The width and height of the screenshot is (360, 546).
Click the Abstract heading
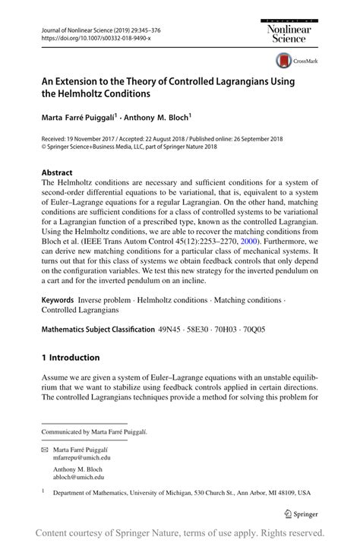[x=57, y=172]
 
